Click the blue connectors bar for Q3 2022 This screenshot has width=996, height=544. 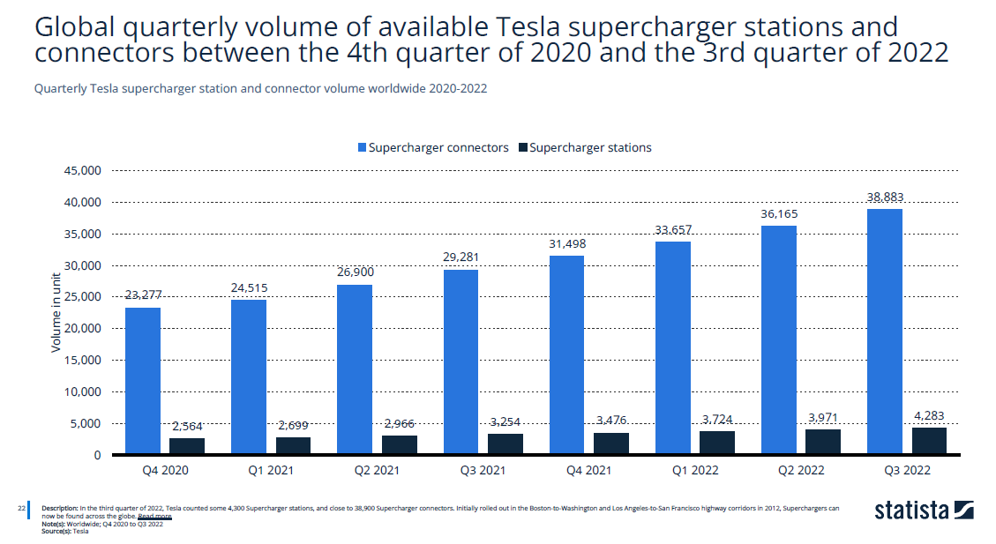click(885, 332)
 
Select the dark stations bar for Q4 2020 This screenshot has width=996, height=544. click(187, 446)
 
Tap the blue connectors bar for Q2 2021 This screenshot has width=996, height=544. click(355, 369)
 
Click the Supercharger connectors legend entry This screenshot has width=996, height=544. click(432, 147)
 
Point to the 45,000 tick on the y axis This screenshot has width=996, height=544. click(84, 170)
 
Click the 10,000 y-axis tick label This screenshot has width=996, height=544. click(84, 391)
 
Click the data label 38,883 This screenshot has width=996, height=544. click(885, 197)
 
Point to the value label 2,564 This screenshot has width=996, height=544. click(186, 426)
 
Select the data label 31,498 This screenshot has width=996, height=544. click(566, 243)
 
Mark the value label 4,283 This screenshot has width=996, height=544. click(929, 415)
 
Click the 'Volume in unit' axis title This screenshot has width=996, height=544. click(56, 313)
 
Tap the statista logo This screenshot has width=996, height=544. click(924, 510)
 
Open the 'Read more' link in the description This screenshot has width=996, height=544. click(154, 516)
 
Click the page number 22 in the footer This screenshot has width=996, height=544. click(20, 509)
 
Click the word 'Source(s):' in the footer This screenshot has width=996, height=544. click(56, 531)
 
